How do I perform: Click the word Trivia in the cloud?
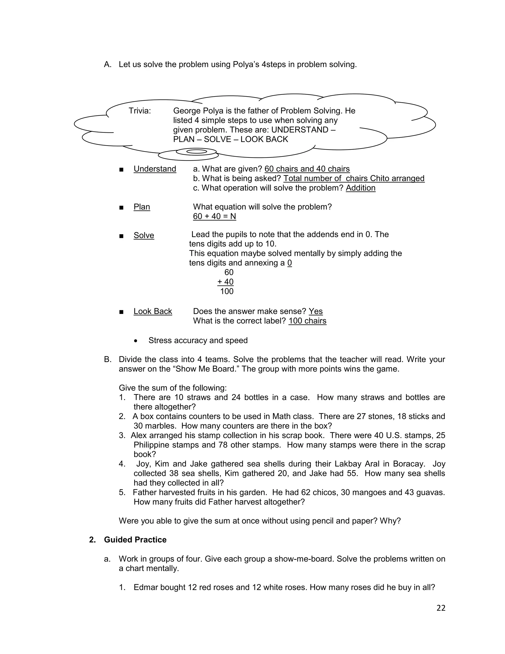click(x=140, y=111)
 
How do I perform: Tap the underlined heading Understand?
click(x=155, y=169)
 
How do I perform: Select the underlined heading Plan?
click(x=142, y=207)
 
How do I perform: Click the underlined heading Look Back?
click(x=153, y=311)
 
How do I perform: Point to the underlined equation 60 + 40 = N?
click(x=214, y=216)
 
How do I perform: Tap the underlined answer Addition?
click(x=360, y=188)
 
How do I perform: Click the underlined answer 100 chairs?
click(x=307, y=321)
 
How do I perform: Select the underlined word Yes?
click(x=315, y=311)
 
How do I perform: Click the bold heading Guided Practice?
click(x=135, y=539)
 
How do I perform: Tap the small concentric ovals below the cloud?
click(x=196, y=152)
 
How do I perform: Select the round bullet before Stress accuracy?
click(x=136, y=341)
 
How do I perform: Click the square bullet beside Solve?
click(x=121, y=236)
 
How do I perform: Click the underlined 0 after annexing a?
click(x=289, y=263)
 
